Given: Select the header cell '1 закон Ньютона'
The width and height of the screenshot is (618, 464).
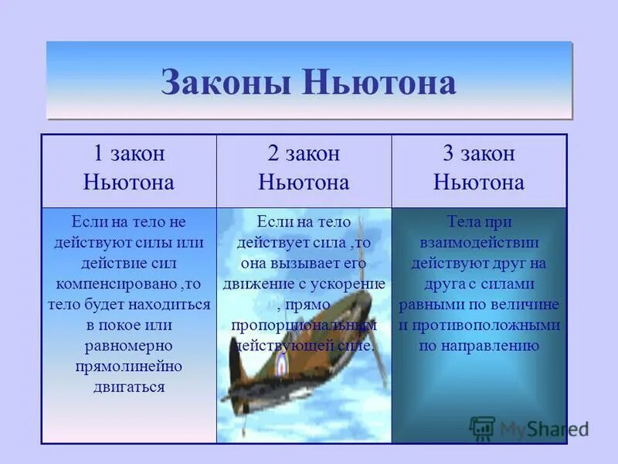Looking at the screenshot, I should tap(128, 168).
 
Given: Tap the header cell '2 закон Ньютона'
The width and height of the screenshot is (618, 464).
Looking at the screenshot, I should tap(304, 168).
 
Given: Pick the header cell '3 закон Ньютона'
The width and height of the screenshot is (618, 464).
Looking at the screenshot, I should tap(479, 168).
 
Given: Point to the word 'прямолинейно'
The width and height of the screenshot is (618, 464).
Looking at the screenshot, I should tap(128, 367).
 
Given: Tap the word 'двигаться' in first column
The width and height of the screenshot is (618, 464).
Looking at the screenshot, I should tap(128, 387).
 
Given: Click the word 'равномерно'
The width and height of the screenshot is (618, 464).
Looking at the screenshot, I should tap(128, 346).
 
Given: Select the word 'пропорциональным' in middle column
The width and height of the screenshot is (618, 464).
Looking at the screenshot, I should tap(304, 325).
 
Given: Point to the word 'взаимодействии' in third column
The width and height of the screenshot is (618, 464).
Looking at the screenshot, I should tap(479, 241).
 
